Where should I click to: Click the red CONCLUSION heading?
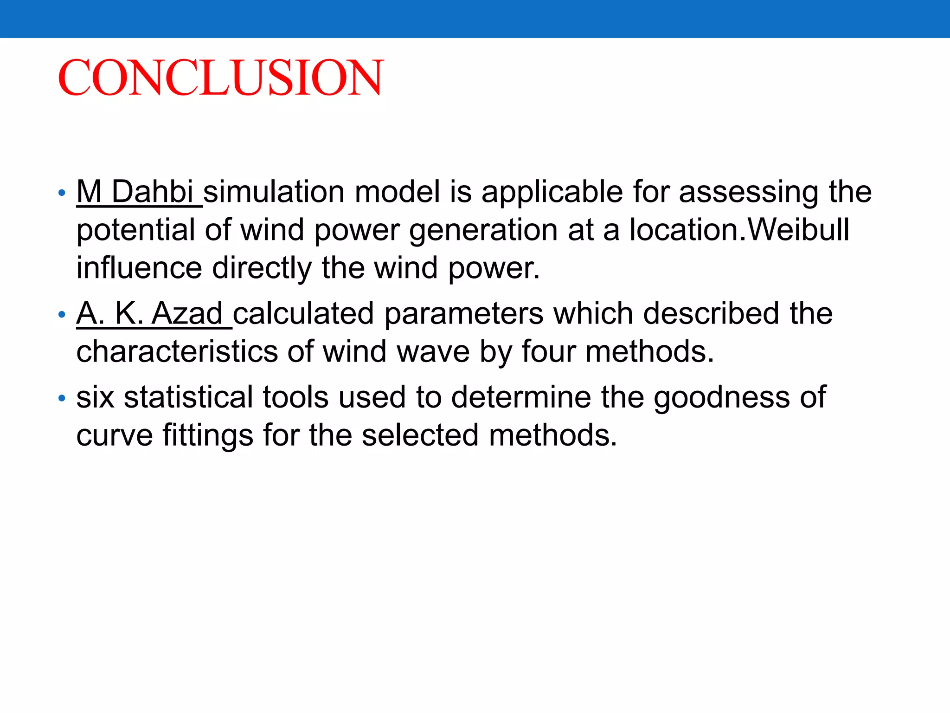coord(221,77)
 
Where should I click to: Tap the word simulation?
coord(274,192)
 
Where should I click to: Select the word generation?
coord(482,231)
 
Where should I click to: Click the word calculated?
coord(303,313)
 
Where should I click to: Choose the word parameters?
coord(464,314)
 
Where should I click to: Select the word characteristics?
coord(177,351)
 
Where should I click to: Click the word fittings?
coord(208,436)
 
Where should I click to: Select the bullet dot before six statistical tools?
coord(62,398)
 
